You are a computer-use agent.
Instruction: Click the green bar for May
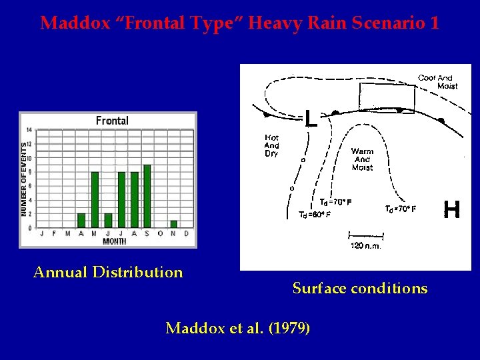pyautogui.click(x=95, y=199)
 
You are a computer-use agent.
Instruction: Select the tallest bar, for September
pyautogui.click(x=147, y=196)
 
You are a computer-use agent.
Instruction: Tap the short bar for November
pyautogui.click(x=173, y=224)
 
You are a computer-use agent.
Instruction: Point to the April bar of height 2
pyautogui.click(x=81, y=220)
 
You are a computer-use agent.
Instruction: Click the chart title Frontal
pyautogui.click(x=112, y=121)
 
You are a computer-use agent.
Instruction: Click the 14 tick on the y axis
pyautogui.click(x=29, y=130)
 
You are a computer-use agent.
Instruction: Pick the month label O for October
pyautogui.click(x=160, y=233)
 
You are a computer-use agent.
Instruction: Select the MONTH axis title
pyautogui.click(x=114, y=241)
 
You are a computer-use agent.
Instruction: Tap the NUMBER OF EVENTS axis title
pyautogui.click(x=23, y=178)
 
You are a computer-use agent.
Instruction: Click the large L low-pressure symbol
pyautogui.click(x=310, y=119)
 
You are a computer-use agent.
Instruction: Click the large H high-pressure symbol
pyautogui.click(x=451, y=211)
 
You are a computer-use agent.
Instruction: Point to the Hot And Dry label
pyautogui.click(x=271, y=145)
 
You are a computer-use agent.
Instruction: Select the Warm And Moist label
pyautogui.click(x=362, y=159)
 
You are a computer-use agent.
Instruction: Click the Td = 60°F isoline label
pyautogui.click(x=314, y=215)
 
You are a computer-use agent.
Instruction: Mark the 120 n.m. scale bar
pyautogui.click(x=366, y=235)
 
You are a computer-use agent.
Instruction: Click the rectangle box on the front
pyautogui.click(x=387, y=98)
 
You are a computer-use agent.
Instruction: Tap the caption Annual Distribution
pyautogui.click(x=108, y=272)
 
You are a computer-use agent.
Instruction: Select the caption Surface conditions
pyautogui.click(x=359, y=289)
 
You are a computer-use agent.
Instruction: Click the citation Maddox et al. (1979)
pyautogui.click(x=237, y=328)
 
